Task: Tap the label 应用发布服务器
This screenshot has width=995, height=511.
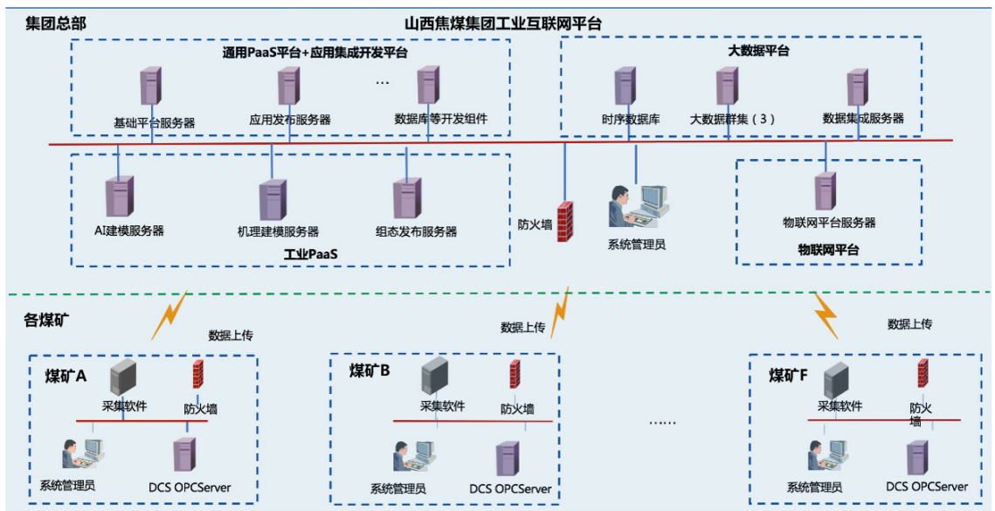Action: coord(290,121)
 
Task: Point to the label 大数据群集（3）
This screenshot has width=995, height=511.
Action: coord(732,120)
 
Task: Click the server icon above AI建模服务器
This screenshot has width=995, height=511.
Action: coord(120,197)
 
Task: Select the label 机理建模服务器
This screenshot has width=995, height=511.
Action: coord(278,232)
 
